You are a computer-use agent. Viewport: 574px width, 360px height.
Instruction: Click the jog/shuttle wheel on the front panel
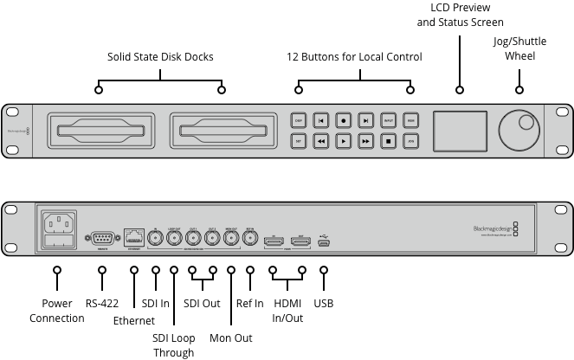coord(519,130)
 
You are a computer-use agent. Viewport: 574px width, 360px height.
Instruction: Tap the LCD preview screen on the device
coord(459,130)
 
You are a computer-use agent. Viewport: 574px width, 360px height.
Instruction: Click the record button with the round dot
coord(344,120)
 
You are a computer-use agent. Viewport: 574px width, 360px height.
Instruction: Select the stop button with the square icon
coord(389,140)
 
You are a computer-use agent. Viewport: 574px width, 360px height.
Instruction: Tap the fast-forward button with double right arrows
coord(366,140)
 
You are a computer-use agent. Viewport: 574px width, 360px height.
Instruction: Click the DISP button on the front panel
coord(299,120)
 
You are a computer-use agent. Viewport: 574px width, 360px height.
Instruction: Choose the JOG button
coord(411,140)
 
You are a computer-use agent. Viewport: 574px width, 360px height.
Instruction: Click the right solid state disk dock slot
coord(222,131)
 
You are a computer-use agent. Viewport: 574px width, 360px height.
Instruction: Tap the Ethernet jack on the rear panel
coord(134,236)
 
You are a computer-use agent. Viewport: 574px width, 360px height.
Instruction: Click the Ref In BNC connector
coord(249,240)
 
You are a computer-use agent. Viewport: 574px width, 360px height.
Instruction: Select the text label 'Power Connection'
coord(57,311)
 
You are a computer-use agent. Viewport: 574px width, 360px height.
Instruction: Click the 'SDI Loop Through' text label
coord(173,344)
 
